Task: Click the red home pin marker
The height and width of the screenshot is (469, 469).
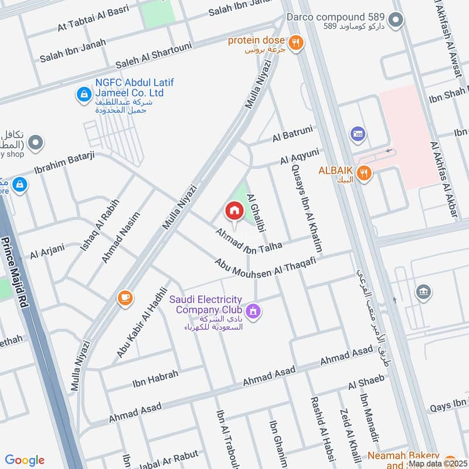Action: click(234, 210)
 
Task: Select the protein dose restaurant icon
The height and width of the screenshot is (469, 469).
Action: click(296, 42)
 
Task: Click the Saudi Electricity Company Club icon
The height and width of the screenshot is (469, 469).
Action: click(253, 310)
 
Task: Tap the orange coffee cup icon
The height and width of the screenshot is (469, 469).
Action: click(125, 298)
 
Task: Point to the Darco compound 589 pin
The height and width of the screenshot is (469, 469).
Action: click(396, 21)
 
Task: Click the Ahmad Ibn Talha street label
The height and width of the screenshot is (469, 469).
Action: click(249, 240)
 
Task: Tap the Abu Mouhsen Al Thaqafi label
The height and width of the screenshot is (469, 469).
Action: click(265, 270)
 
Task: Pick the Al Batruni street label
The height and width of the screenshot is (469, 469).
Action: click(293, 134)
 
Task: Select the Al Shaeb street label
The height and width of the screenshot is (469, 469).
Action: click(366, 382)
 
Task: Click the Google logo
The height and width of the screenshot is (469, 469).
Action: click(25, 460)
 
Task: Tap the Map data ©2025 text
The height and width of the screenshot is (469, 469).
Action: click(437, 464)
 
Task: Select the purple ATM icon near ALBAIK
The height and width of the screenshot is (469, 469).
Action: click(356, 135)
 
